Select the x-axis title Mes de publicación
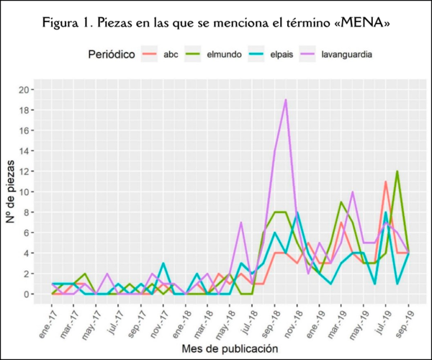[x=230, y=348]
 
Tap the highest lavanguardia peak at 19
[x=287, y=100]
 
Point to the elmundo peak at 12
[x=397, y=171]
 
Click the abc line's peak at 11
[x=386, y=181]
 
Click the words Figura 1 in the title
[x=68, y=22]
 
